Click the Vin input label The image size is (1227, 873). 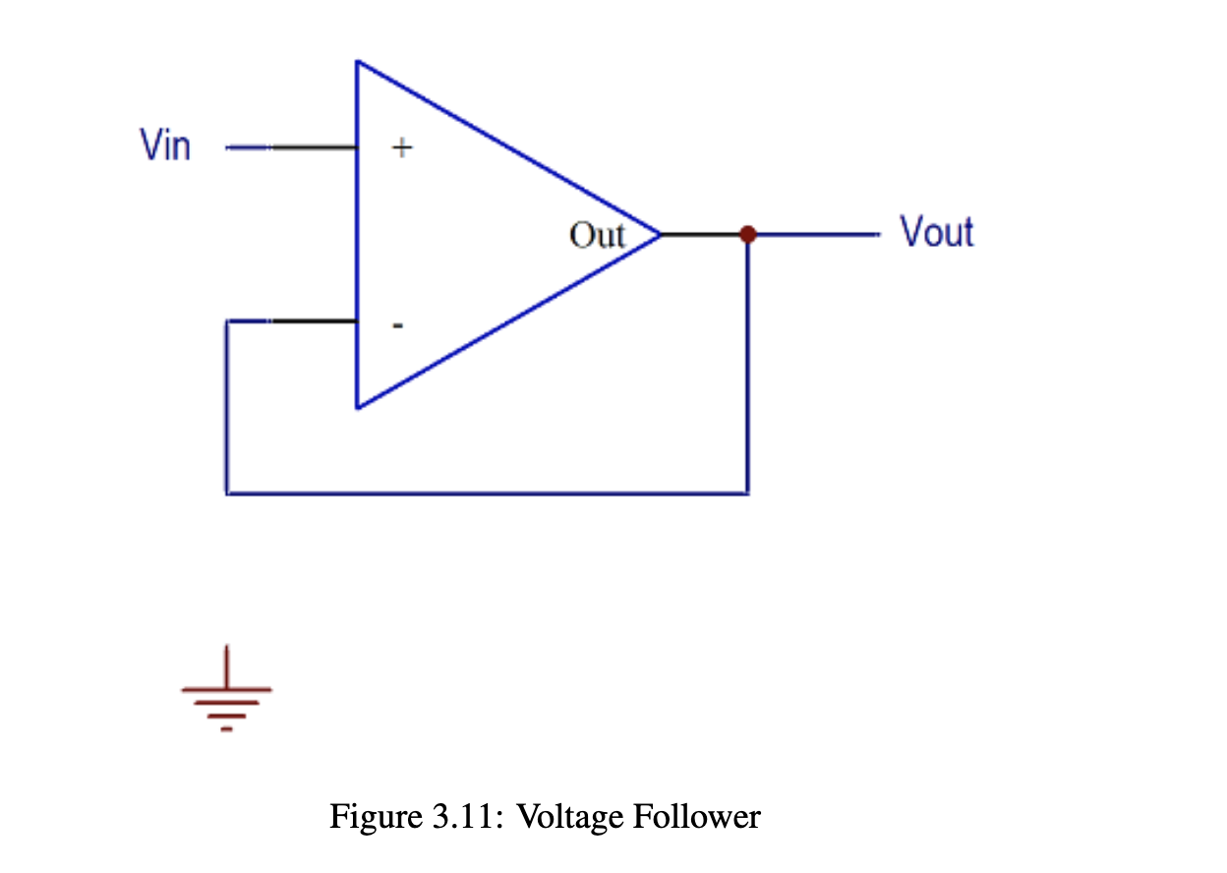(x=165, y=146)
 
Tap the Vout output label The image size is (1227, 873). (x=936, y=233)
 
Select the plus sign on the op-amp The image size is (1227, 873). (x=402, y=148)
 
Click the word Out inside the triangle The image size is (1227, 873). (x=597, y=235)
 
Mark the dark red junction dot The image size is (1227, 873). (x=747, y=234)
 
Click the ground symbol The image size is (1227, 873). (x=227, y=693)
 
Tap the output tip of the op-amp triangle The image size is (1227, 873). (x=659, y=234)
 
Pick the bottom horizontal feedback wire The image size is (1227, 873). (x=487, y=493)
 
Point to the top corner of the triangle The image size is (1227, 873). (x=358, y=62)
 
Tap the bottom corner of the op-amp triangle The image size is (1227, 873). (x=358, y=406)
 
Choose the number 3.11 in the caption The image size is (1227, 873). (x=468, y=817)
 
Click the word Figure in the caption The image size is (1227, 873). (x=373, y=817)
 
